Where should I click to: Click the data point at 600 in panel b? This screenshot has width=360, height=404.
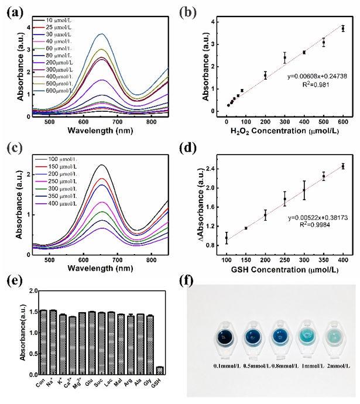pyautogui.click(x=343, y=28)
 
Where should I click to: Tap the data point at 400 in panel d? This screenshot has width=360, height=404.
pyautogui.click(x=343, y=166)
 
